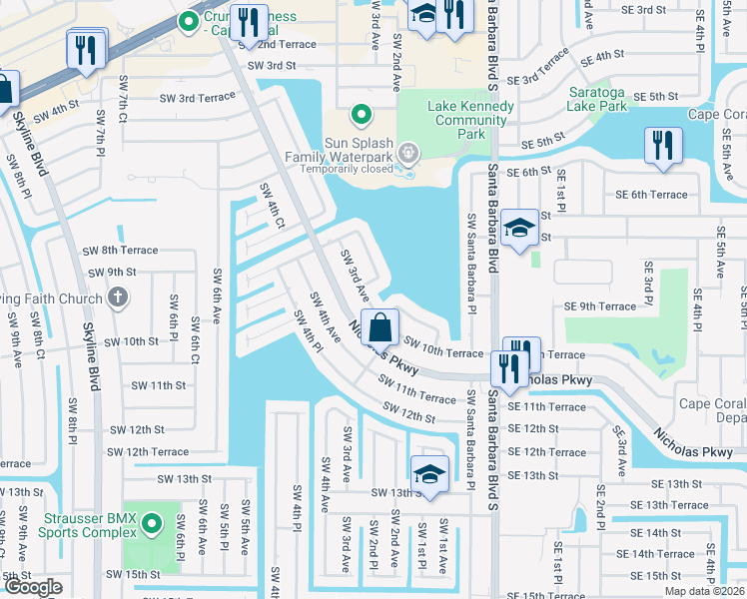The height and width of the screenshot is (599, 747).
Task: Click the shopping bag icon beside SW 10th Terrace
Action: coord(380,326)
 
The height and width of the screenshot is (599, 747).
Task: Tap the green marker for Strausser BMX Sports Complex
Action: coord(151,522)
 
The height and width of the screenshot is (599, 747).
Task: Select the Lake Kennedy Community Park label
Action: coord(456,120)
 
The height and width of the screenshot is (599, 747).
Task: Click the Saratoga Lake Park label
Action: coord(610,99)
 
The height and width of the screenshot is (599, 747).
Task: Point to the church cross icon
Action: coord(118,297)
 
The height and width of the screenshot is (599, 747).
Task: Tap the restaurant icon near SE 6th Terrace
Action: coord(660,145)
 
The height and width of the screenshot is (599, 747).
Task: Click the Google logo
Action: coord(33,587)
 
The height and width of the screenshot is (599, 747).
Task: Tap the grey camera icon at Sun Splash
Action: coord(407,154)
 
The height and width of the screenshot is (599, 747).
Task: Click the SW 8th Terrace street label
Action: coord(138,251)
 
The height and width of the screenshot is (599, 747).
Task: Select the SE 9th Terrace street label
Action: coord(599,306)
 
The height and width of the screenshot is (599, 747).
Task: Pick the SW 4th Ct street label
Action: coord(269,204)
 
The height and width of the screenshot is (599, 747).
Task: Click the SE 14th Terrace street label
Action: coord(655,554)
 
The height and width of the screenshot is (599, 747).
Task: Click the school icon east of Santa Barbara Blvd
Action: coord(518,230)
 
